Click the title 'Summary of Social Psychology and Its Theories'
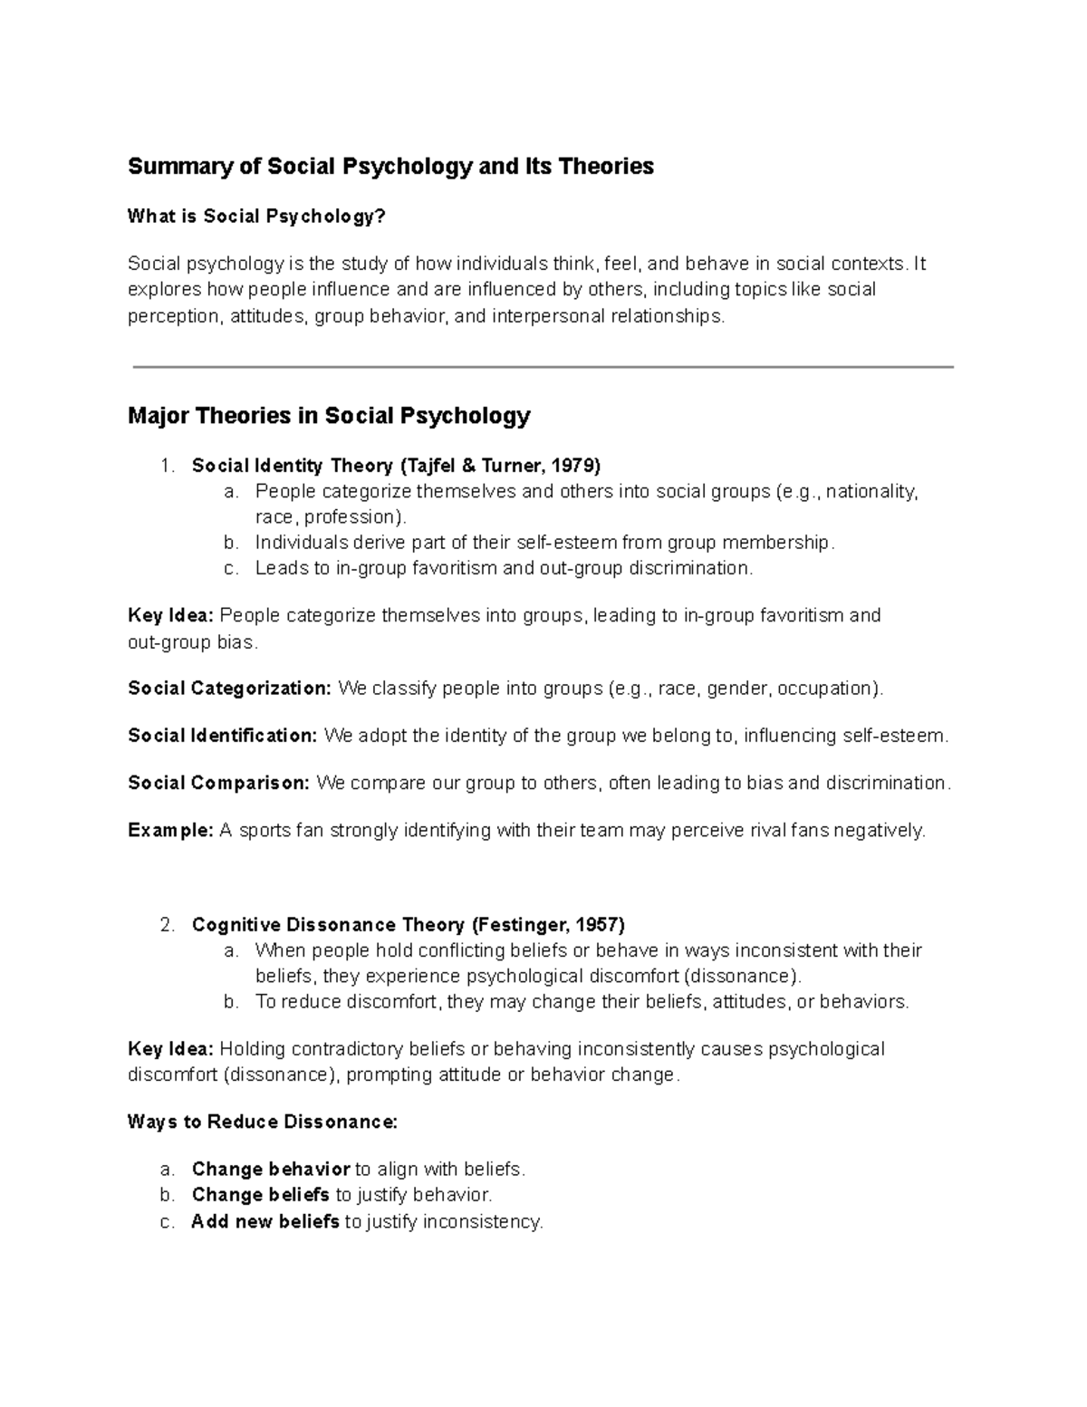pos(390,167)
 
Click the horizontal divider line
pos(543,367)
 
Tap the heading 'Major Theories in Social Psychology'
pos(329,416)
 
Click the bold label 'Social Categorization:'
pos(230,689)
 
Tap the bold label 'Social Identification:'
pos(223,736)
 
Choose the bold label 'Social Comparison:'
pos(219,783)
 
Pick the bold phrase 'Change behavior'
pos(271,1169)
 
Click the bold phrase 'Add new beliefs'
pos(265,1221)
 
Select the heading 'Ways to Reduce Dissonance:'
pos(263,1123)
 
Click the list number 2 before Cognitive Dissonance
pos(166,925)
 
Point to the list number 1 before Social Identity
pos(166,466)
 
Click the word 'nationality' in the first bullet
pos(871,492)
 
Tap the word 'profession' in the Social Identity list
pos(351,517)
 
